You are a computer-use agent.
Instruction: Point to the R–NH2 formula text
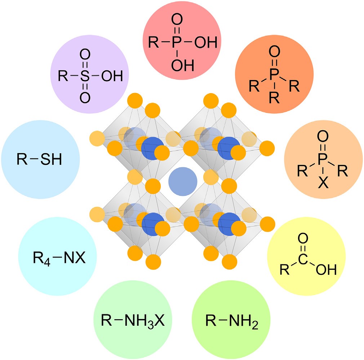[232, 320]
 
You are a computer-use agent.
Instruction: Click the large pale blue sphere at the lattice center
[183, 180]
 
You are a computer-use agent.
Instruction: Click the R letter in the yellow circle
[284, 269]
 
